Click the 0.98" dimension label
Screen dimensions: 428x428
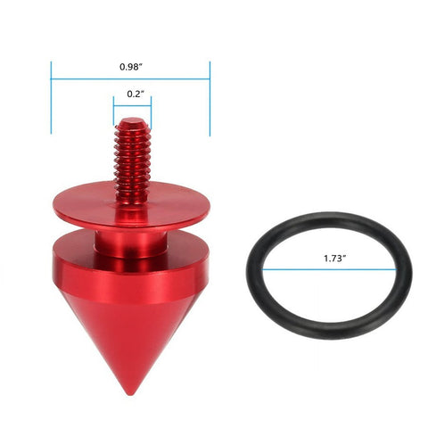pyautogui.click(x=130, y=67)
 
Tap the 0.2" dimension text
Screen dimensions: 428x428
pyautogui.click(x=132, y=93)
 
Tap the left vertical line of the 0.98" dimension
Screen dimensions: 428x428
pyautogui.click(x=51, y=98)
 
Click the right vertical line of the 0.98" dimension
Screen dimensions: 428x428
pyautogui.click(x=210, y=98)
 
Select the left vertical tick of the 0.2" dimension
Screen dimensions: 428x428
pyautogui.click(x=113, y=111)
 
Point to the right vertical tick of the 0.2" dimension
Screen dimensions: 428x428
pyautogui.click(x=152, y=111)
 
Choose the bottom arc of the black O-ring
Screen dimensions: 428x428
pyautogui.click(x=327, y=323)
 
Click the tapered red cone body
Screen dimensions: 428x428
pyautogui.click(x=129, y=339)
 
